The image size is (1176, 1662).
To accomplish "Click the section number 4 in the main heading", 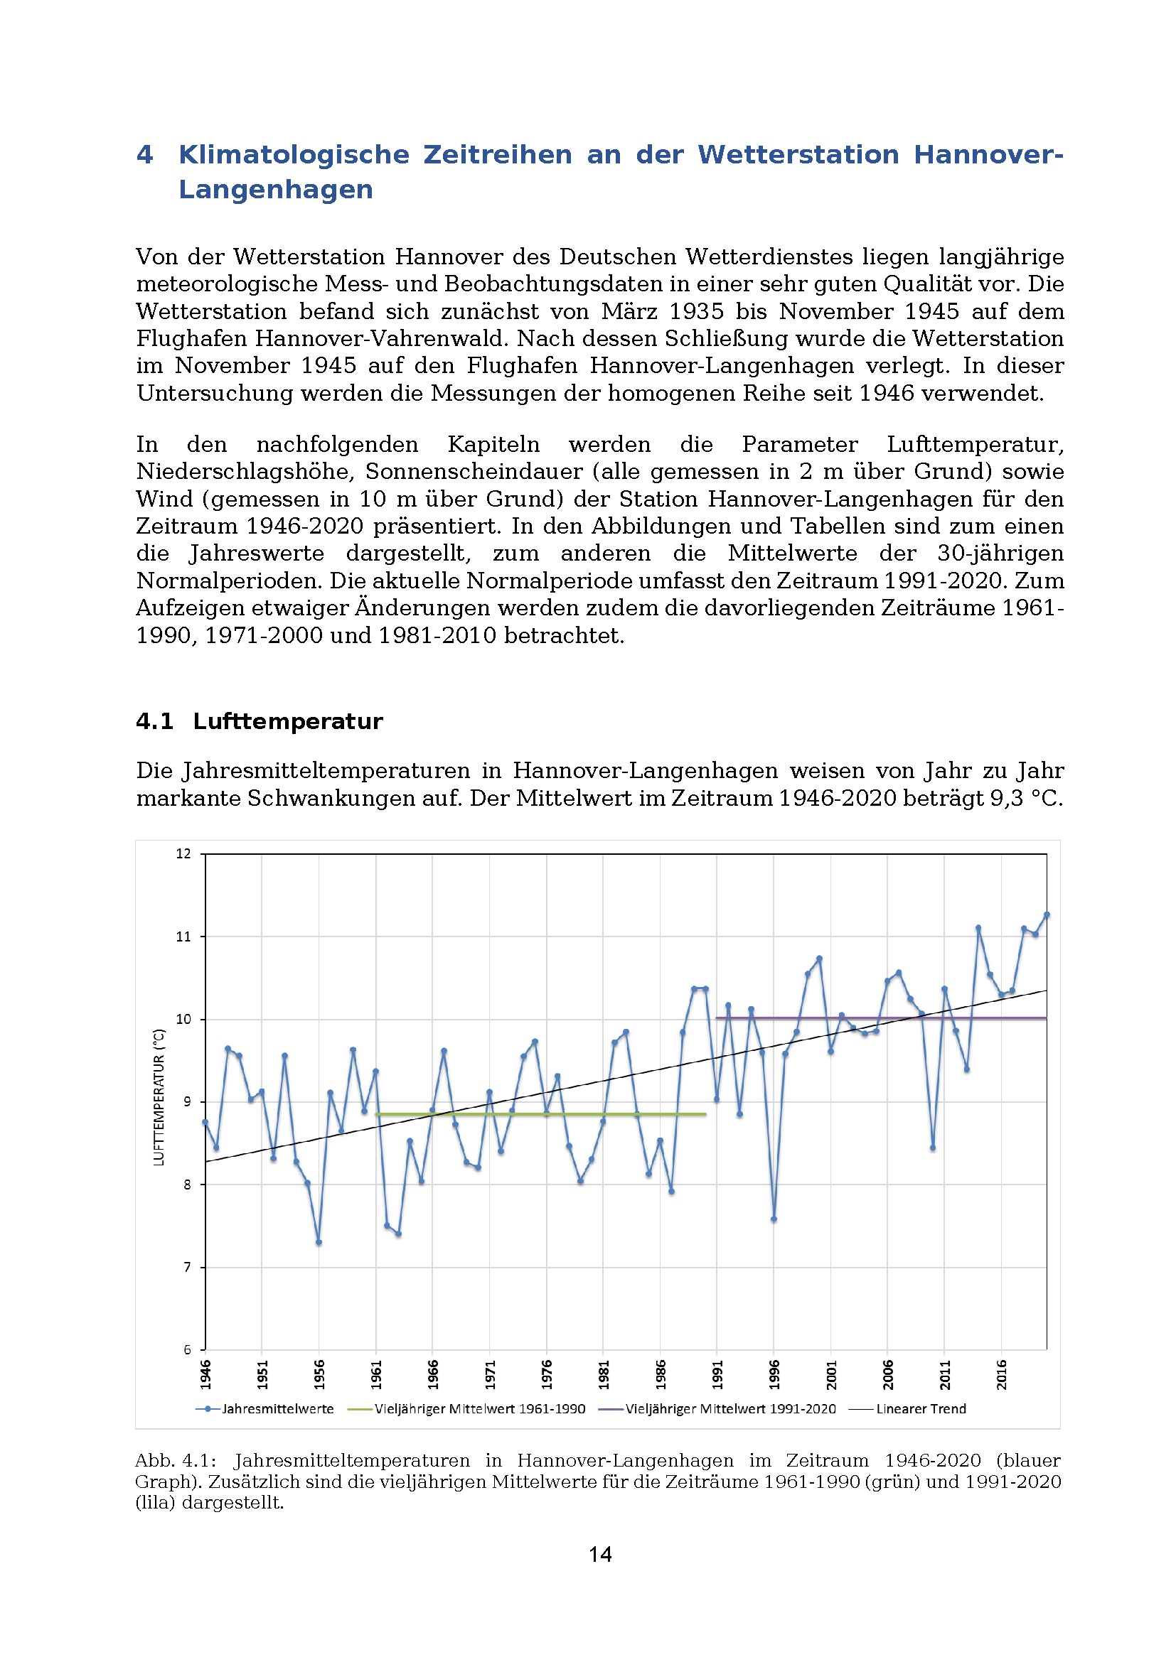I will [145, 154].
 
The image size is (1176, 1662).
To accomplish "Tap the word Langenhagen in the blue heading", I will [276, 189].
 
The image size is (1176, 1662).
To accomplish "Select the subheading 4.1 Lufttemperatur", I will [260, 721].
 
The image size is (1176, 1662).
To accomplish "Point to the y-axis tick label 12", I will [183, 853].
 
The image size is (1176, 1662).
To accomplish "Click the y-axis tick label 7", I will [187, 1267].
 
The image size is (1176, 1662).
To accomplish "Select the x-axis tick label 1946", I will [205, 1374].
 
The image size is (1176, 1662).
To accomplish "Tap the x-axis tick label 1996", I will [774, 1374].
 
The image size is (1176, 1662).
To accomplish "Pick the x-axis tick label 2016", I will [1002, 1374].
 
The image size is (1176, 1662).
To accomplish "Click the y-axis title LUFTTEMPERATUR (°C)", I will [159, 1096].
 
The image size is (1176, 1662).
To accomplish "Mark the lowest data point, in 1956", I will [319, 1242].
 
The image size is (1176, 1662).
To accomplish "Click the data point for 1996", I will [774, 1219].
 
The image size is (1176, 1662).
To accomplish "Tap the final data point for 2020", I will [1047, 915].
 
